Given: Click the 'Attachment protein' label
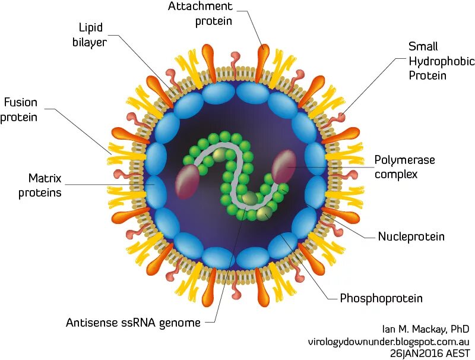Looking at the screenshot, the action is coord(199,13).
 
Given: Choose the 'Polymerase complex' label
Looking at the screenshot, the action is coord(404,167).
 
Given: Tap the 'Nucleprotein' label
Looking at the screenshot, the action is coord(411,237).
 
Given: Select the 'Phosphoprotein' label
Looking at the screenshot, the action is coord(381,298).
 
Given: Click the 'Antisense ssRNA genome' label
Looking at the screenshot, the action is coord(133,323).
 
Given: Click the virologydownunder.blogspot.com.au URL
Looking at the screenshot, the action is coord(388,342).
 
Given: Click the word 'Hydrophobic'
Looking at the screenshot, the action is coord(441,61).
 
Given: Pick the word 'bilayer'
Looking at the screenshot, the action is coord(90,42).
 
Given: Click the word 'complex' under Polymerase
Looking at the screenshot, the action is coord(396,174).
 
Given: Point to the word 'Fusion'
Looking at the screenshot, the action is coord(21,102).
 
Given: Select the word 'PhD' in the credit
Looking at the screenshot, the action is coord(459,329).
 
